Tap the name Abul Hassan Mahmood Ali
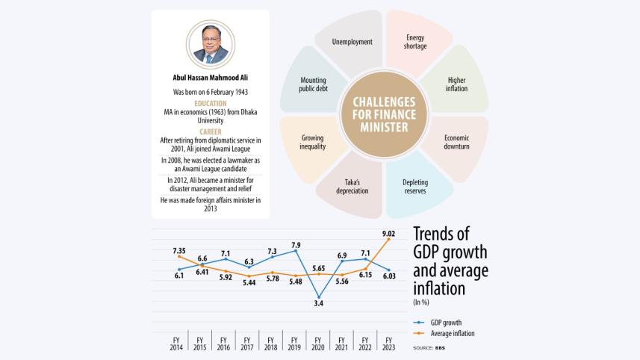(x=209, y=75)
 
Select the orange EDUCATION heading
(x=209, y=103)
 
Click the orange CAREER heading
(x=209, y=131)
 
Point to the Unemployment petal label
(x=352, y=42)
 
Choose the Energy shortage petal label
(x=416, y=42)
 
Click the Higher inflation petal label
(x=456, y=84)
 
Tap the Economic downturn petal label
(x=456, y=142)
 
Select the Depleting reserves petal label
(x=415, y=186)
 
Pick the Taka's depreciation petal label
(x=352, y=186)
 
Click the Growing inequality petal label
(x=313, y=142)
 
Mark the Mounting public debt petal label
(x=313, y=84)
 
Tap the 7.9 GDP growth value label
(x=296, y=244)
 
